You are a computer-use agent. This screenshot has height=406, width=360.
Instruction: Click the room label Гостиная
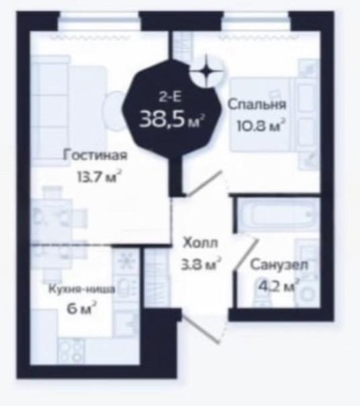95,156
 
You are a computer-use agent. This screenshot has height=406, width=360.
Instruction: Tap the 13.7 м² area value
99,177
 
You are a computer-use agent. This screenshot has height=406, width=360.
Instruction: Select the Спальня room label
257,105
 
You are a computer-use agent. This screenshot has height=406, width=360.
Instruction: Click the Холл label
201,243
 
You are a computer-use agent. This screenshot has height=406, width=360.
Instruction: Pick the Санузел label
279,265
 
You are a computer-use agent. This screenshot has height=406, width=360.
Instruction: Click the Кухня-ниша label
82,289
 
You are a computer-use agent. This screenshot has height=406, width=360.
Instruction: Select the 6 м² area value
82,309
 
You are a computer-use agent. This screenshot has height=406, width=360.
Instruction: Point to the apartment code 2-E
171,97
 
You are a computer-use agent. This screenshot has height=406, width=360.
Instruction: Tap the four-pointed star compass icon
206,71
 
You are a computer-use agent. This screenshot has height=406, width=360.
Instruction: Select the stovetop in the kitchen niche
71,350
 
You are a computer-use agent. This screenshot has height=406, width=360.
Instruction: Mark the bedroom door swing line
204,184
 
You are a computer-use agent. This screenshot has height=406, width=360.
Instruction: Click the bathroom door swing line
246,255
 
